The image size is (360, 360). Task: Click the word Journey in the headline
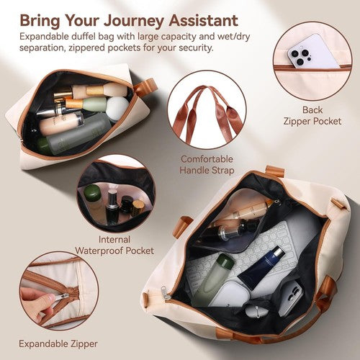[134, 21]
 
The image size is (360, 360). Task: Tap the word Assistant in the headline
[203, 20]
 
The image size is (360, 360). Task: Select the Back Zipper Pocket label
[312, 115]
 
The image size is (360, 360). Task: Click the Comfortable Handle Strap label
[207, 165]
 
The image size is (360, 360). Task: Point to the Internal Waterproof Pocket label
[114, 245]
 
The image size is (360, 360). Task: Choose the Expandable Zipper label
[58, 344]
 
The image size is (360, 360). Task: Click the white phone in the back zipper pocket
[314, 52]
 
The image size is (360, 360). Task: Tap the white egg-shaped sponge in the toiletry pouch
[117, 108]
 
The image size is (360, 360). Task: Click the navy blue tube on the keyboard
[261, 267]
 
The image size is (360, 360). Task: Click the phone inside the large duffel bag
[290, 298]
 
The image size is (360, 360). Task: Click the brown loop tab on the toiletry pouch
[146, 86]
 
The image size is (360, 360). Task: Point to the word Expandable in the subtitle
[44, 37]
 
